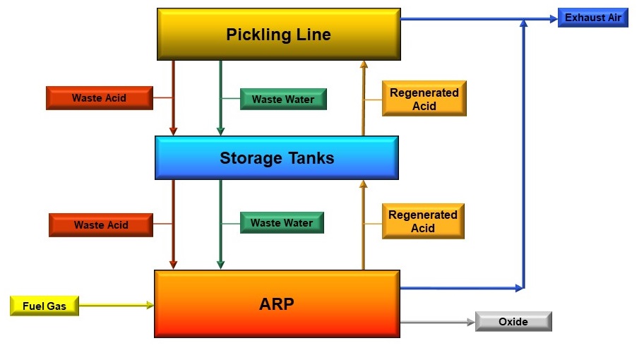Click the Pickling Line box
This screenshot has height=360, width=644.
click(278, 34)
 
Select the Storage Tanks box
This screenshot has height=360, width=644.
click(277, 157)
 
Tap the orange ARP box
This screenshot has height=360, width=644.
click(277, 304)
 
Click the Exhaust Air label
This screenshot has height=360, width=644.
click(592, 18)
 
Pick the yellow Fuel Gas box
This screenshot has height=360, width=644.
click(44, 306)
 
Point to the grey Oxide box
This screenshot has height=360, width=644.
click(513, 322)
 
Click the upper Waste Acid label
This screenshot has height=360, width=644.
click(99, 98)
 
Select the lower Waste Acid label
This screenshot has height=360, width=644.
click(101, 225)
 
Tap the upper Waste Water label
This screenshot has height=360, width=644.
click(282, 100)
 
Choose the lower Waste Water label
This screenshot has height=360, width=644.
click(282, 223)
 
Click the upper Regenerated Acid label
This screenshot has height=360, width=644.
click(424, 99)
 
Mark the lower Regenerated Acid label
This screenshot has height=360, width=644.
click(423, 221)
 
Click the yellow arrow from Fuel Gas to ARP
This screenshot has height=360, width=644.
click(117, 305)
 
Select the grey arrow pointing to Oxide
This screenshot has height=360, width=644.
click(438, 322)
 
